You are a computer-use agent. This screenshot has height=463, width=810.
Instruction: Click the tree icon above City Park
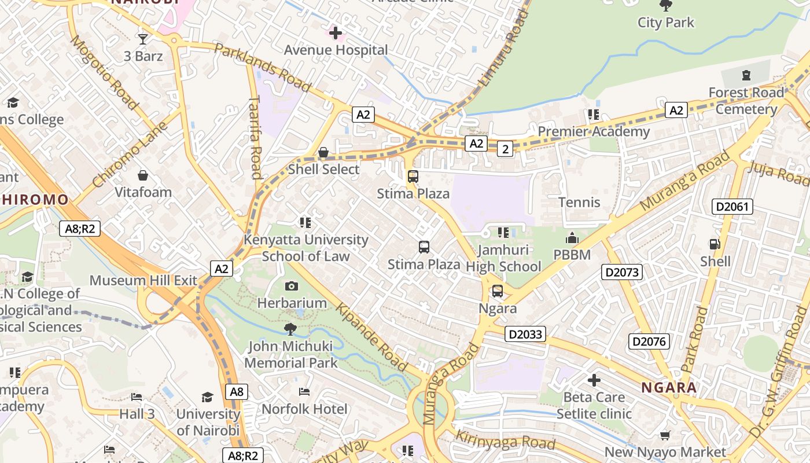click(665, 5)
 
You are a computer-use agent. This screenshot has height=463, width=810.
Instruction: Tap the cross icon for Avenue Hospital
click(335, 33)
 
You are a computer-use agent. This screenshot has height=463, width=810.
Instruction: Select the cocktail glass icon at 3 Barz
click(143, 39)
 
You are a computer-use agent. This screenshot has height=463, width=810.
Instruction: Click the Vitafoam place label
click(143, 192)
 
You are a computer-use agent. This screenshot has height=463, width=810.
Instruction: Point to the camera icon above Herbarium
click(292, 286)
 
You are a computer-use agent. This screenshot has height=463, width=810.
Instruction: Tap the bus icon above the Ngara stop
click(497, 291)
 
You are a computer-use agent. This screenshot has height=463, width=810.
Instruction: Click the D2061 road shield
click(732, 207)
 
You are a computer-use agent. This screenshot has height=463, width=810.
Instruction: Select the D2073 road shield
click(622, 271)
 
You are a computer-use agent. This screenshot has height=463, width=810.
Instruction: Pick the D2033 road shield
click(525, 334)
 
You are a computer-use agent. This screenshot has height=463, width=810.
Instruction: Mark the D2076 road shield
click(649, 341)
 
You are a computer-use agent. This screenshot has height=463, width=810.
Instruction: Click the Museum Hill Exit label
click(143, 281)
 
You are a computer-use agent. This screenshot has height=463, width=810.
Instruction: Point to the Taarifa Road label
click(255, 138)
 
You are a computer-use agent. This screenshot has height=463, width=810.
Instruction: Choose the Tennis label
click(579, 202)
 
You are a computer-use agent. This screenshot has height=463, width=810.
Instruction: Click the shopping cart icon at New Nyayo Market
click(665, 435)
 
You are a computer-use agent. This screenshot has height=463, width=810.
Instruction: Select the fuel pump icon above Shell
click(715, 244)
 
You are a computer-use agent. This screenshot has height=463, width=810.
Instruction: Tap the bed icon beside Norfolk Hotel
click(304, 392)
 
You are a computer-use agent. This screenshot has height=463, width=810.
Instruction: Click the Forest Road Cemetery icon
click(746, 75)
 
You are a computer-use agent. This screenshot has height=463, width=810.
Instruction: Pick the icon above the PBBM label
click(572, 238)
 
